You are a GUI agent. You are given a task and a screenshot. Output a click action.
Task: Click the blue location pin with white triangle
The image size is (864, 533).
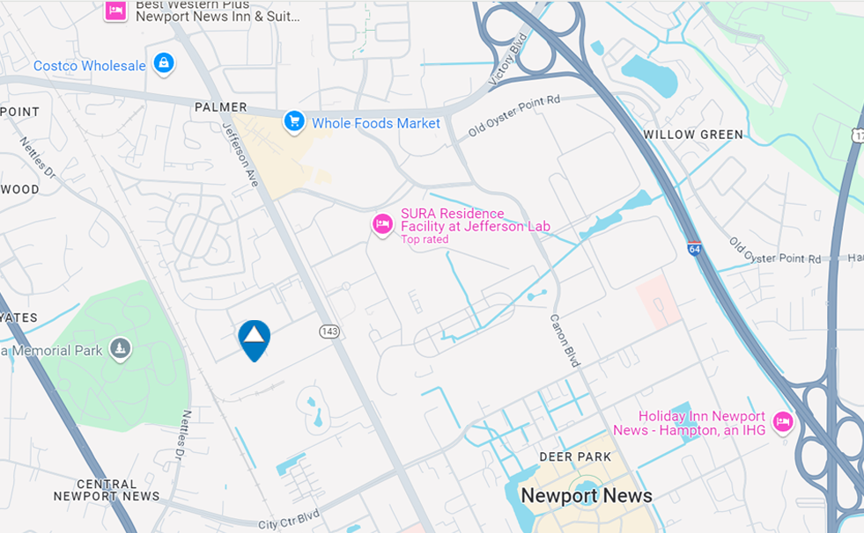(x=254, y=339)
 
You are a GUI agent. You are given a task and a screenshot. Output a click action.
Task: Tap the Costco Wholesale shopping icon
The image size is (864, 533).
(x=163, y=63)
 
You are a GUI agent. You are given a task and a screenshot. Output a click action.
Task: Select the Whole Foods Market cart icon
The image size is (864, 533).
(x=294, y=122)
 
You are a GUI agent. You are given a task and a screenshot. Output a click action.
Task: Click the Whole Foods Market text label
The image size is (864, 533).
(x=376, y=124)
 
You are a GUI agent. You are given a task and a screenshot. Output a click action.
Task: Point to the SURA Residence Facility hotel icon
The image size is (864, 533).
(x=382, y=225)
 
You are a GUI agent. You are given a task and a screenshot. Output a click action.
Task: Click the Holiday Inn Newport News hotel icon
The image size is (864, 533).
(x=781, y=423)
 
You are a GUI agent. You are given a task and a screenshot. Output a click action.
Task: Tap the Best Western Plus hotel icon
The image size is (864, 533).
(x=114, y=11)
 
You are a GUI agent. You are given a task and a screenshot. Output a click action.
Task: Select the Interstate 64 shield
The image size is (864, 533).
(x=694, y=249)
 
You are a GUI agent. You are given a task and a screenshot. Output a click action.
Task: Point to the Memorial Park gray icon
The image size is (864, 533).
(x=121, y=349)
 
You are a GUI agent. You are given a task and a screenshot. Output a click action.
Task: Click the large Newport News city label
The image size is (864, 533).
(x=586, y=495)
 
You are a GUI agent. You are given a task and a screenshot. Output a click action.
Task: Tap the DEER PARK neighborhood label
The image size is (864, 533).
(x=575, y=457)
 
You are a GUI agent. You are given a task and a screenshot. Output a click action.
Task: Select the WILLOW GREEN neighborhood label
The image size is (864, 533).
(x=693, y=135)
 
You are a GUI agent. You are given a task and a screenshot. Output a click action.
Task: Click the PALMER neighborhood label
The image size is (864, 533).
(x=220, y=107)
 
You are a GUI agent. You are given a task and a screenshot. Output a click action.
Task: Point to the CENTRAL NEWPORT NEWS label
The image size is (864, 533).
(x=107, y=490)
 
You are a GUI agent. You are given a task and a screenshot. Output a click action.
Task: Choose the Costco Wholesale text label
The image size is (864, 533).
(x=90, y=66)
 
